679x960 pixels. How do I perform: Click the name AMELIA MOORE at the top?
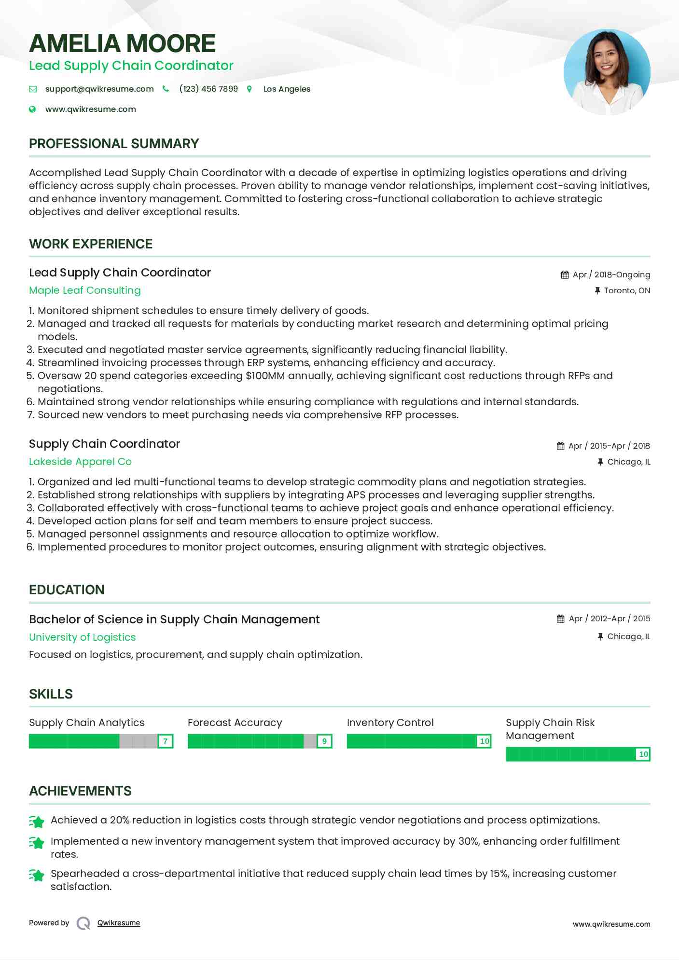point(122,43)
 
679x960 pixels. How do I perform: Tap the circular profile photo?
point(607,72)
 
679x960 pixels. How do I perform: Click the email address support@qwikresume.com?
point(99,89)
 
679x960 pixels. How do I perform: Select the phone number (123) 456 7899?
point(208,89)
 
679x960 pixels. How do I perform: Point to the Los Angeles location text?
point(287,89)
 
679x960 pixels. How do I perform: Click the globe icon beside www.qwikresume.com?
point(32,110)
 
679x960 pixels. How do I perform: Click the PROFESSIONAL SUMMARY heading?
point(114,144)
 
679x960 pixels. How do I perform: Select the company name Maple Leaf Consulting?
point(85,290)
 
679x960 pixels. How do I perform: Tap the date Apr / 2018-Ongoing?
point(611,275)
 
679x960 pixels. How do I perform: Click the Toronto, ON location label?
point(627,290)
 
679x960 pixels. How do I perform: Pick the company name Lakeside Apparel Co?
point(80,462)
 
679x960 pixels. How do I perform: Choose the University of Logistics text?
point(83,637)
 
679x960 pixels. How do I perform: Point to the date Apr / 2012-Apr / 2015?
point(609,618)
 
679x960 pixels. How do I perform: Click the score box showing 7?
point(166,741)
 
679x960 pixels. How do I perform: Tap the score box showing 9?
point(324,741)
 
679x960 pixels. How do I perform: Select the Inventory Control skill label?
point(390,723)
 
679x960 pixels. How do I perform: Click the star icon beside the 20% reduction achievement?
point(37,821)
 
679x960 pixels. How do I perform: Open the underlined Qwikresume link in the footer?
point(119,923)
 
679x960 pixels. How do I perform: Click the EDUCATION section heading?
point(67,590)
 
